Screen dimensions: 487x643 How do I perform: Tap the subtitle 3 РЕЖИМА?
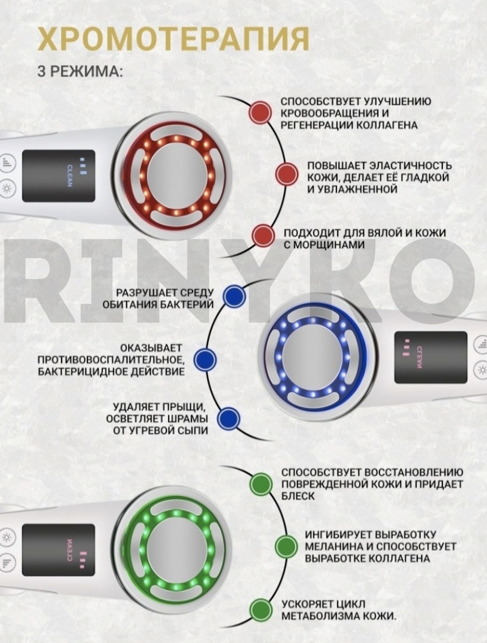[x=80, y=71]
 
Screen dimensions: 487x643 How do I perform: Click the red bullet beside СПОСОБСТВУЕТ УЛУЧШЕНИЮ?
[x=260, y=113]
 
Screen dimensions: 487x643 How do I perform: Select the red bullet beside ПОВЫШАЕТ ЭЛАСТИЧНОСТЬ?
[x=287, y=174]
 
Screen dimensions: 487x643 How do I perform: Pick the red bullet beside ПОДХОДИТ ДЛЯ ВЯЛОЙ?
[x=263, y=235]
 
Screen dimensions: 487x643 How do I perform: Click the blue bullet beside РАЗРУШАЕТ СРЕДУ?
[x=234, y=296]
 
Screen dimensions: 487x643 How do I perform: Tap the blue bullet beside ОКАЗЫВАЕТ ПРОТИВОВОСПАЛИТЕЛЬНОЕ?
[x=205, y=359]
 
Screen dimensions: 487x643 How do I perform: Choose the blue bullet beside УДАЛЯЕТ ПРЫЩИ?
[x=228, y=419]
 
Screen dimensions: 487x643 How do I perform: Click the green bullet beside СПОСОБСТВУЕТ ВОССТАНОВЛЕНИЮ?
[x=261, y=483]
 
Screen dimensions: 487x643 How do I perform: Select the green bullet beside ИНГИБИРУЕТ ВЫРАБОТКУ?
[x=286, y=546]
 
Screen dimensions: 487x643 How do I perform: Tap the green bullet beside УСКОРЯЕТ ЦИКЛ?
[x=261, y=610]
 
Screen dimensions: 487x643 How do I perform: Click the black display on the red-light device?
[x=59, y=176]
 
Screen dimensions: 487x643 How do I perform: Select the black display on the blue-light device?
[x=431, y=358]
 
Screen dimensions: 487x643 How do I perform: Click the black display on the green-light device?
[x=58, y=550]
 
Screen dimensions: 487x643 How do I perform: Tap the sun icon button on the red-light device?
[x=7, y=189]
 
